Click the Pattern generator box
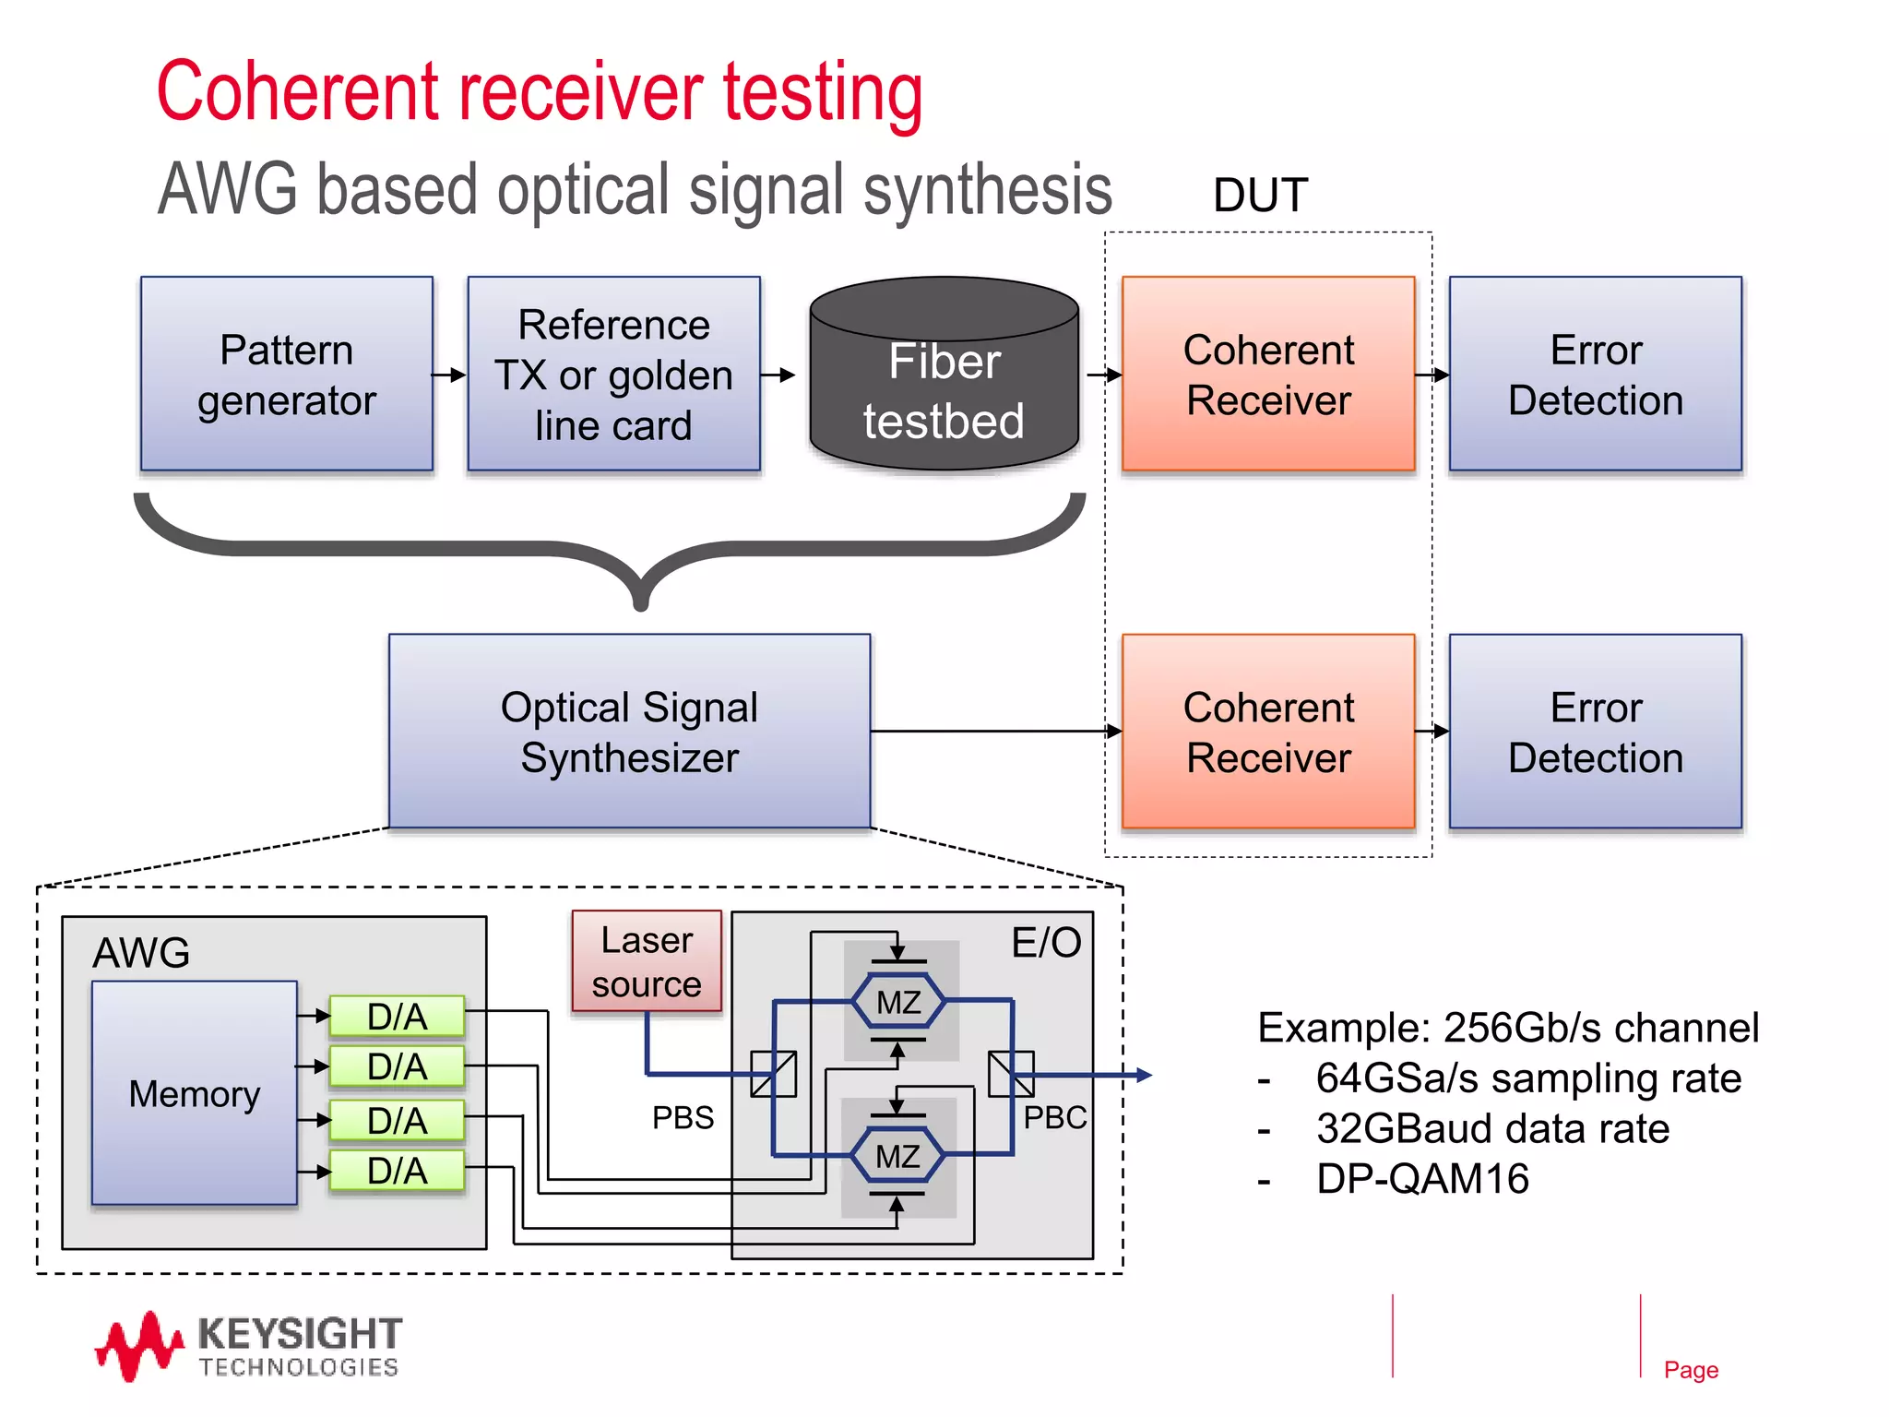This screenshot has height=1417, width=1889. (286, 374)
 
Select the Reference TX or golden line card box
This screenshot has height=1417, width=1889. (613, 374)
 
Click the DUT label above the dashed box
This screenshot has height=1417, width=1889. (1260, 196)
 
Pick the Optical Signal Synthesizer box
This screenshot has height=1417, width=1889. (629, 732)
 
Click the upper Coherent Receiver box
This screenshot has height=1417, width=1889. (1268, 374)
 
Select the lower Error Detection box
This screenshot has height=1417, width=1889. (1595, 732)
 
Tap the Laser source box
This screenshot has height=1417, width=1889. (647, 961)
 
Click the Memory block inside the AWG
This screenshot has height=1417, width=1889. (195, 1093)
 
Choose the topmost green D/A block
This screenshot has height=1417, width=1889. (398, 1016)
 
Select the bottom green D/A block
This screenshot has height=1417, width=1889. (398, 1171)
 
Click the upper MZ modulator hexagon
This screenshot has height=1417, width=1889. (898, 1002)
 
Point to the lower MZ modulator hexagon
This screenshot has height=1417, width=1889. (897, 1156)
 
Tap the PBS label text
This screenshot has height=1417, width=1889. (683, 1117)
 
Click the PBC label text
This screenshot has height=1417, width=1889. (1055, 1117)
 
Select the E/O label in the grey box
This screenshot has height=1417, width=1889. (1046, 943)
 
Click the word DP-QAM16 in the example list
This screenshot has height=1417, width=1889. (1422, 1179)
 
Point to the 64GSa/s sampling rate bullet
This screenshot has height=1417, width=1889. (1527, 1078)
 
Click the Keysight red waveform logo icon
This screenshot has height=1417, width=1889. (138, 1346)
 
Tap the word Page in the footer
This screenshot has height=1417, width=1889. (1691, 1370)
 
